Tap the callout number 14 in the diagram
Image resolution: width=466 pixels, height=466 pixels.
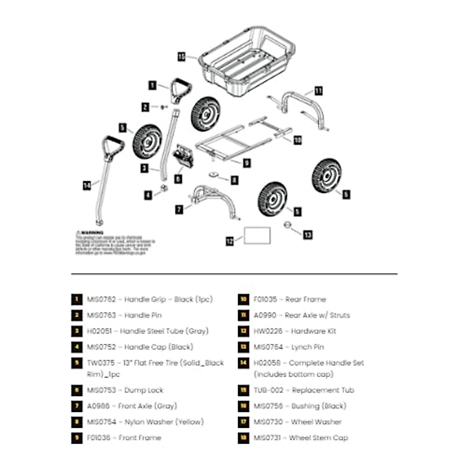point(87,186)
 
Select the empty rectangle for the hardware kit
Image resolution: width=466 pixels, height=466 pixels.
point(257,236)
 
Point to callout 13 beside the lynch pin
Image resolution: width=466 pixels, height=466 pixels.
point(308,235)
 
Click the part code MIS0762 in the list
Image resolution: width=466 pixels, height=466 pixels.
point(101,299)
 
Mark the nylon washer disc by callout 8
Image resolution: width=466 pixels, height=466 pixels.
point(213,175)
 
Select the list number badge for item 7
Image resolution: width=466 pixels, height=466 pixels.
point(77,406)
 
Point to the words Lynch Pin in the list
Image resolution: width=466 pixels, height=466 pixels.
point(307,347)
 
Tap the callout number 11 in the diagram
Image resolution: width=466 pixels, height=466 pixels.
point(318,91)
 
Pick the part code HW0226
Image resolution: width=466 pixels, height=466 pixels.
point(268,331)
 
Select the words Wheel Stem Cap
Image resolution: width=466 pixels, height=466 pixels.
point(318,438)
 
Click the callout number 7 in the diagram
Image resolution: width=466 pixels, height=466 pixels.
point(179,210)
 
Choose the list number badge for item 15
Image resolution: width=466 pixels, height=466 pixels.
point(243,390)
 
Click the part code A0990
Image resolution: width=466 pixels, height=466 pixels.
point(265,315)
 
